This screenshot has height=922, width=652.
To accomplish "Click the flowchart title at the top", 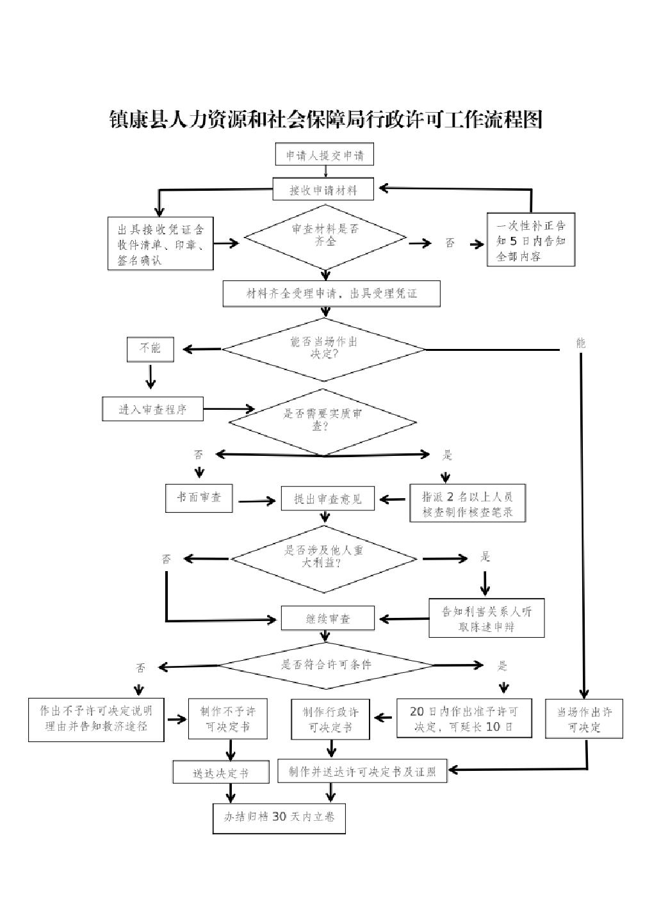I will [x=326, y=120].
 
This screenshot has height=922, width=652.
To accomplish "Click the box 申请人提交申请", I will [x=325, y=155].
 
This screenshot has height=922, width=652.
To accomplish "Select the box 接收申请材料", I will [x=323, y=190].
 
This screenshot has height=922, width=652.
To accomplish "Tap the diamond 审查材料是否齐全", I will [x=325, y=237].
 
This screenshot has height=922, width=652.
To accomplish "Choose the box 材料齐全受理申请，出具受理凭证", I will [x=331, y=294].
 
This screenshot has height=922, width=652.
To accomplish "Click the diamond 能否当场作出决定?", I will [x=324, y=349].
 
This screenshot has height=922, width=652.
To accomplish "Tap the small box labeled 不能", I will [x=151, y=348].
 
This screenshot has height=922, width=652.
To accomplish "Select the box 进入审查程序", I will [x=152, y=409].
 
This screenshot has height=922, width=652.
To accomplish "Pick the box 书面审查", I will [x=199, y=497].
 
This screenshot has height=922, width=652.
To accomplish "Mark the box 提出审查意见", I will [x=328, y=499].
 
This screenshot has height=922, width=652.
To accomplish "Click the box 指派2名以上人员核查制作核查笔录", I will [x=468, y=504].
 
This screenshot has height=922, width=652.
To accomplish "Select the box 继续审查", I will [x=328, y=619].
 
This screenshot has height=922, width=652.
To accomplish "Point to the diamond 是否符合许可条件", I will [x=327, y=665].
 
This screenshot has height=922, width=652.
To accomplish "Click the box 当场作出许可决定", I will [x=583, y=720].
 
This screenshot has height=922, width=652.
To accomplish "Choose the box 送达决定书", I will [x=220, y=773].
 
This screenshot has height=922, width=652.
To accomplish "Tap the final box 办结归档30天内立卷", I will [x=279, y=817].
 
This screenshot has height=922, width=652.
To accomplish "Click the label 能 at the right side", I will [x=581, y=343].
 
